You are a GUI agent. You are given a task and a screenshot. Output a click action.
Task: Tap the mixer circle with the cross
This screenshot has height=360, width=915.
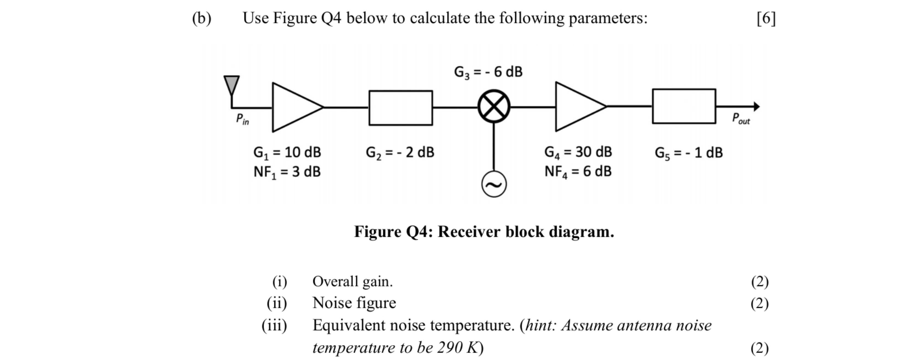coord(494,106)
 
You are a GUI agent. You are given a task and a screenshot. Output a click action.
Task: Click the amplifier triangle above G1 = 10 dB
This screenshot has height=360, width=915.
coord(293,107)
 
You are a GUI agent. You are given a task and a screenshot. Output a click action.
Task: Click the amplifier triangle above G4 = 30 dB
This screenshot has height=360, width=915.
coord(576,106)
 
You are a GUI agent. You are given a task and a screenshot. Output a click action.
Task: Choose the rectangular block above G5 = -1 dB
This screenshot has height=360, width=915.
coord(684,106)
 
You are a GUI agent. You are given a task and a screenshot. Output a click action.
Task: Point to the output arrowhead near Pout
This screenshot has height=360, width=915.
coord(756,106)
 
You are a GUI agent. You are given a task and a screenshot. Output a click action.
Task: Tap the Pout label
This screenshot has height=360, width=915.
coord(741,119)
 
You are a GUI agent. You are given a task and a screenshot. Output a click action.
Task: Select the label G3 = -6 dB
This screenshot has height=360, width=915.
coord(488,72)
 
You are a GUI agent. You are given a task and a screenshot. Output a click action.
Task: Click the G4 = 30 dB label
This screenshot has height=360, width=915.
coord(578,152)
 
